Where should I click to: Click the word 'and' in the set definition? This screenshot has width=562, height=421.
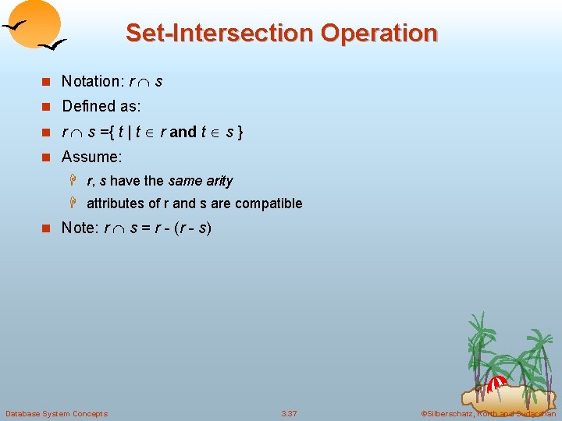click(183, 132)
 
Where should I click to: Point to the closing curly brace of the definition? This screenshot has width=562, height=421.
click(240, 132)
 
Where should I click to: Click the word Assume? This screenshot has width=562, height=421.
click(91, 157)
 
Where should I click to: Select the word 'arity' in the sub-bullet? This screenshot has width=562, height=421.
click(219, 181)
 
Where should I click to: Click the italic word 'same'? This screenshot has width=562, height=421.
click(185, 181)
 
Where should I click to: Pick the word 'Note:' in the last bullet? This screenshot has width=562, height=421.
click(80, 228)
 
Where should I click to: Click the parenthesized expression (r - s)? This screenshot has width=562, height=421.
click(194, 228)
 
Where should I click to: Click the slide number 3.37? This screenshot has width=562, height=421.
click(289, 413)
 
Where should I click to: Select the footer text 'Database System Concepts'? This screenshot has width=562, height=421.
click(56, 413)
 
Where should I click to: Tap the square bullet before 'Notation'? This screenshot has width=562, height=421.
click(46, 82)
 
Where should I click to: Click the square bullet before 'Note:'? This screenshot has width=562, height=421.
click(46, 229)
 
